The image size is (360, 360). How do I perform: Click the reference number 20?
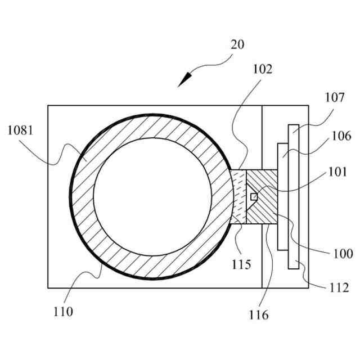[237, 44]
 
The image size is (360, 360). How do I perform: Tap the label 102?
[263, 69]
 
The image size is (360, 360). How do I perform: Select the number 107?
[334, 97]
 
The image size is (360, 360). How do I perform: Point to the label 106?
[341, 136]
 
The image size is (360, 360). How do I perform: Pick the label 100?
[343, 254]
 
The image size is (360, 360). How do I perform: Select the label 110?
[64, 310]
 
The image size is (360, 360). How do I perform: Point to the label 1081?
[20, 130]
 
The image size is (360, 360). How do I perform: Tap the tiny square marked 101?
[254, 196]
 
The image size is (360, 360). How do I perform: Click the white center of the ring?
[152, 197]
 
